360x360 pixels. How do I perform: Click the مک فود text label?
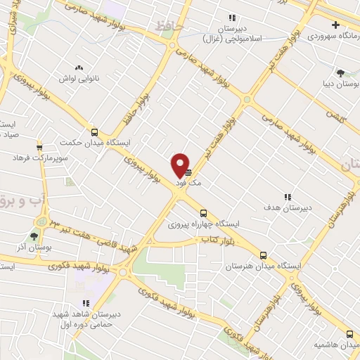pos(190,182)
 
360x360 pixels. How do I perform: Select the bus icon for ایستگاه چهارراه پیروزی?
pos(203,213)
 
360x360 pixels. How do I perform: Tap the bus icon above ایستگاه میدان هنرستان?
pos(264,256)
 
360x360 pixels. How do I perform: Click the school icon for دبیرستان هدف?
pos(287,198)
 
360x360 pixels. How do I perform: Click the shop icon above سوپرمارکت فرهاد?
pos(39,147)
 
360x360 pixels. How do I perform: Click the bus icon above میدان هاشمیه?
pos(349,335)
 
